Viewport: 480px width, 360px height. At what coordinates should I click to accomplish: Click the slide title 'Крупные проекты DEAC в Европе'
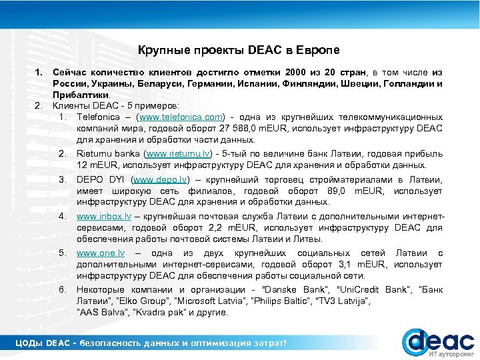(x=239, y=51)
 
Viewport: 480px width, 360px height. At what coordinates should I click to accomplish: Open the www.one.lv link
(x=101, y=253)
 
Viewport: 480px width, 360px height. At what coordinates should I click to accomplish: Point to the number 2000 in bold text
(x=296, y=71)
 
